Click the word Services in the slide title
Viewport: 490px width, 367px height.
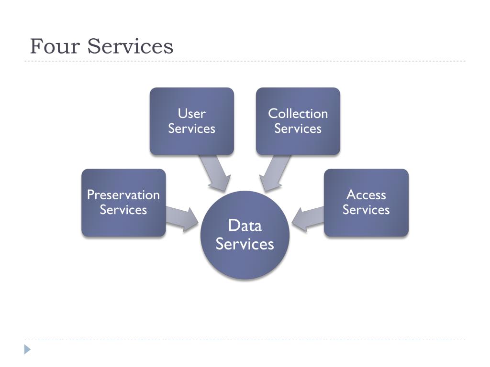coord(131,46)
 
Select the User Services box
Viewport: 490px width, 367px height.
coord(192,121)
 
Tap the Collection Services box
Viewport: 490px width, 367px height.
coord(298,121)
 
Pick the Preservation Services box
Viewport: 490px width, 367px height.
coord(123,202)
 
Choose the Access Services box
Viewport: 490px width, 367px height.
coord(366,202)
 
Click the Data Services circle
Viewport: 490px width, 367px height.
coord(245,235)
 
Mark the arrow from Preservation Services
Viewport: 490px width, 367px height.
coord(182,217)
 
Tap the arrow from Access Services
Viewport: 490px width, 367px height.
coord(308,217)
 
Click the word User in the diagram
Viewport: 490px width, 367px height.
coord(192,114)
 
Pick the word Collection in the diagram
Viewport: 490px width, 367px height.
coord(298,114)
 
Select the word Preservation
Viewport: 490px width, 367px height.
coord(123,195)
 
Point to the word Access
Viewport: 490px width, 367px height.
coord(366,195)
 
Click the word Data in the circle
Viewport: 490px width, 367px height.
coord(245,225)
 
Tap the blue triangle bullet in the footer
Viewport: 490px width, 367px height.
coord(28,349)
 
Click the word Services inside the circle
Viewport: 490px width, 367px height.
coord(245,244)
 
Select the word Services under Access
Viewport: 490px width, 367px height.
coord(366,210)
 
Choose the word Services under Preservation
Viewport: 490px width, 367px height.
coord(123,210)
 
